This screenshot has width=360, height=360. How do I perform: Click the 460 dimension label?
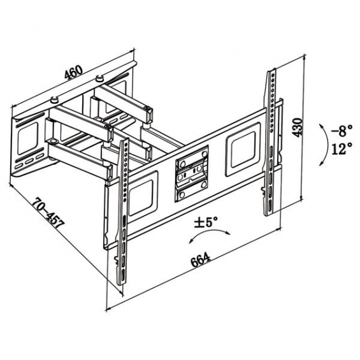73,72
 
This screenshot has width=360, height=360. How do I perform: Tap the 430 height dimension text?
298,127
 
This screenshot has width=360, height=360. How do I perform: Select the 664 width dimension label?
201,260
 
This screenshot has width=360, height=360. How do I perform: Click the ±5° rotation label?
205,222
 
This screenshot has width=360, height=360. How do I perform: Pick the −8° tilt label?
342,131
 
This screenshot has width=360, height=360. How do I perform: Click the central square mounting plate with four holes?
192,174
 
